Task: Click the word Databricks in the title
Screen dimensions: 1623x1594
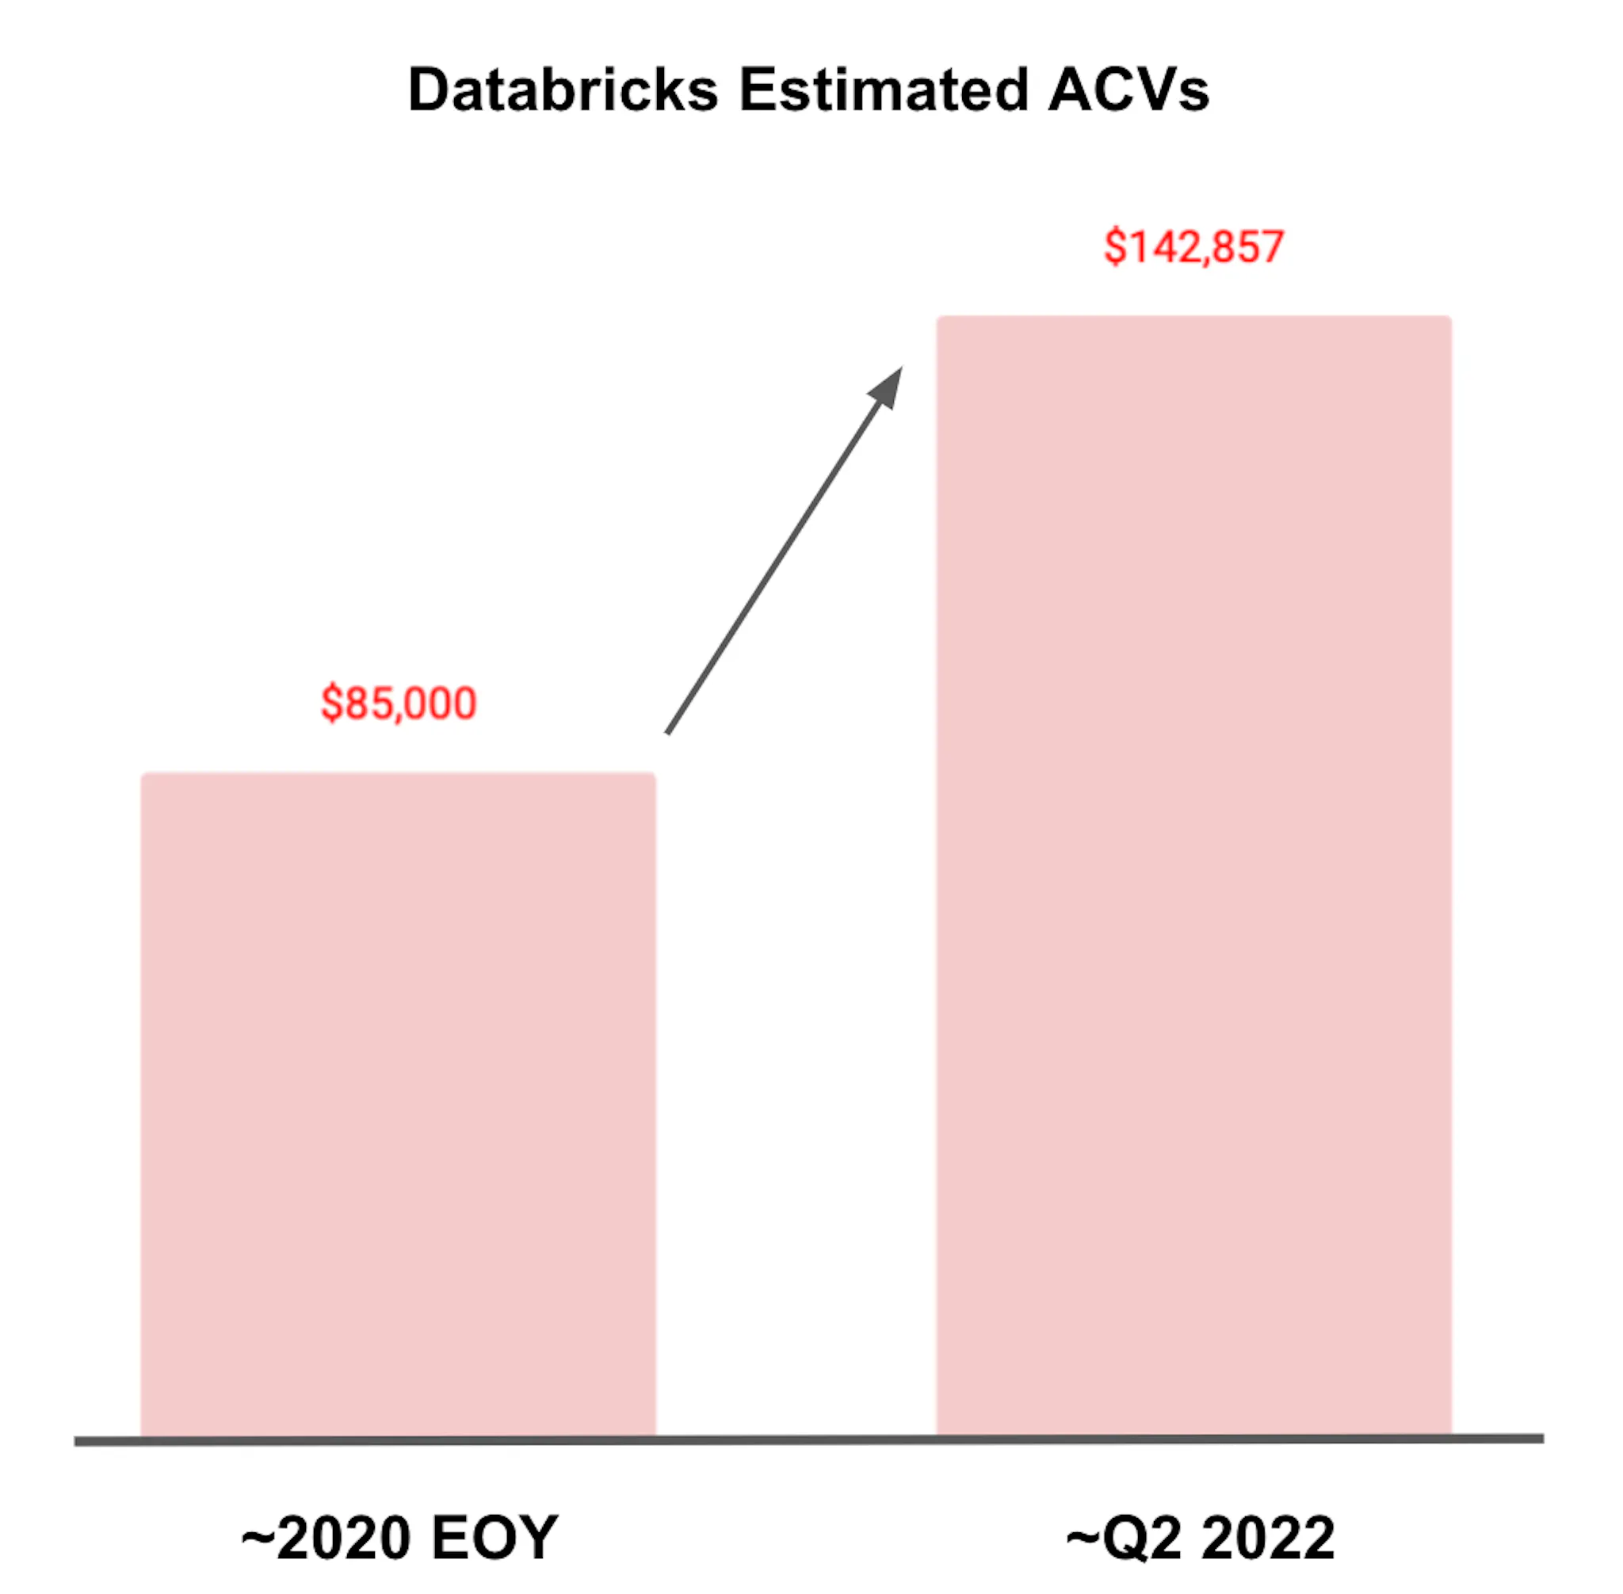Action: click(563, 89)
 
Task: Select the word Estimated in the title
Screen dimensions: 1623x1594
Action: click(883, 89)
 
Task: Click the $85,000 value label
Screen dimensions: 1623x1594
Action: click(399, 703)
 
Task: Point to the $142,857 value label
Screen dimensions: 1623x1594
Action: click(1193, 247)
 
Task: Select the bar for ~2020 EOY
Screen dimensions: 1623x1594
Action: click(398, 1104)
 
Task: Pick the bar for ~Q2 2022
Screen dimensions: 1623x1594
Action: click(1193, 875)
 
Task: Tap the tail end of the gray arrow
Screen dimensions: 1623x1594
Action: click(667, 734)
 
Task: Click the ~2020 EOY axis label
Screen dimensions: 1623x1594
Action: click(399, 1537)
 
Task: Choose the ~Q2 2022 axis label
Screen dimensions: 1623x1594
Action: click(1200, 1537)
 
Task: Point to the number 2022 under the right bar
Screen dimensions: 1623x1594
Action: click(1268, 1537)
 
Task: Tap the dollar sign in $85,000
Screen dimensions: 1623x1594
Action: click(331, 704)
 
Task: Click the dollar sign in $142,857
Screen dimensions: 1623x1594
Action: click(1116, 248)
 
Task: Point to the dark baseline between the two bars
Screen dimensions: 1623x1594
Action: click(796, 1440)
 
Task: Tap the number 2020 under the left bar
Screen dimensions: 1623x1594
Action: click(343, 1537)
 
